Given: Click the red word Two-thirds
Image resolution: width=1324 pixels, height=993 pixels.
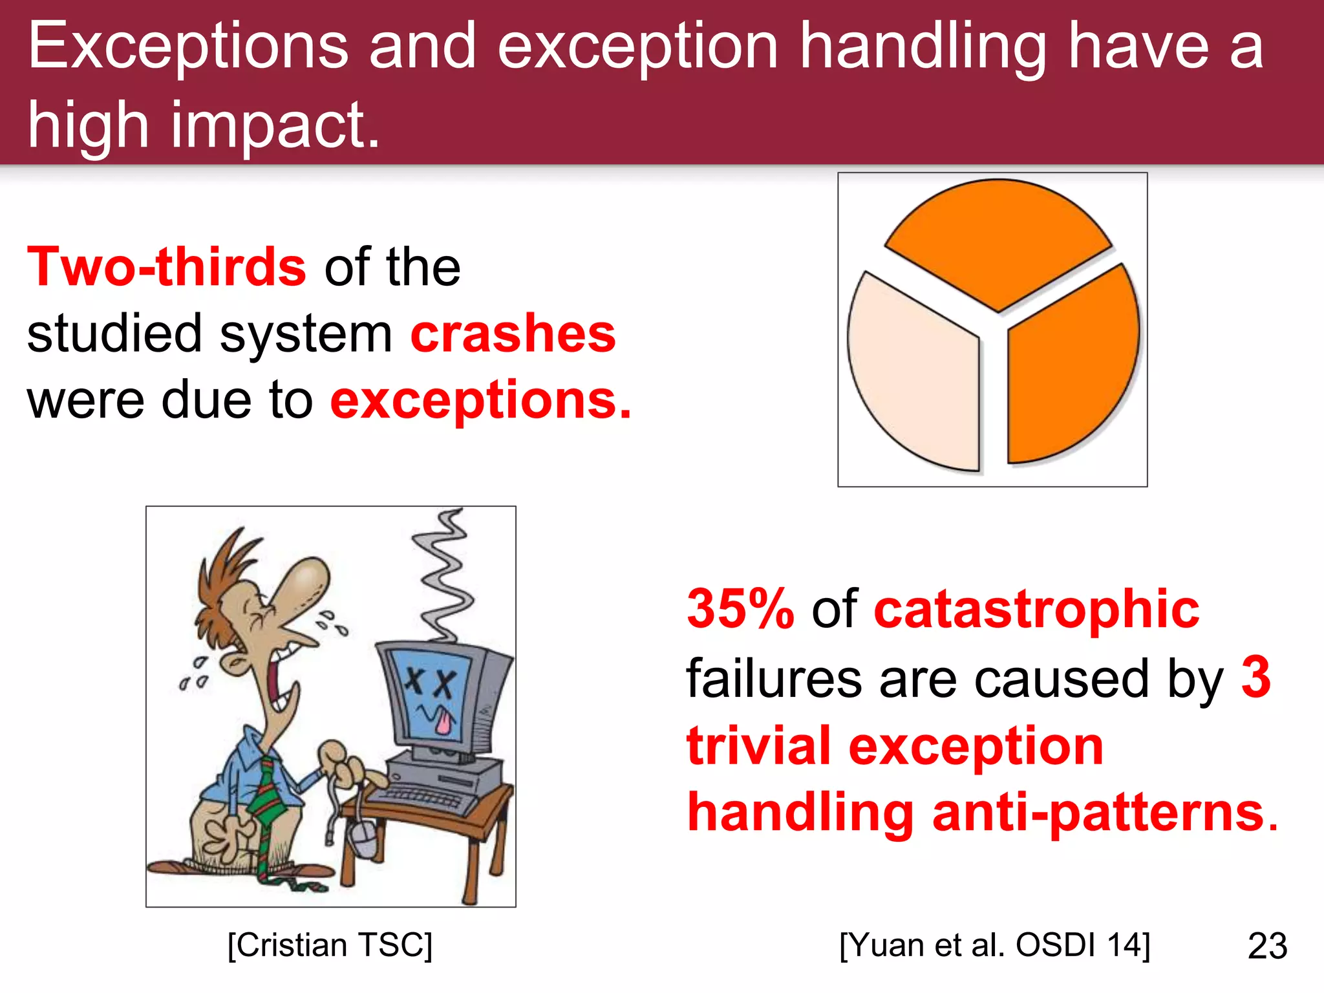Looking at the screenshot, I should tap(167, 267).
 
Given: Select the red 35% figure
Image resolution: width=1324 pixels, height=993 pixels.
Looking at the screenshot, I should tap(740, 609).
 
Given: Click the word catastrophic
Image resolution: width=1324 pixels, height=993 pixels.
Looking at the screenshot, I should tap(1036, 609).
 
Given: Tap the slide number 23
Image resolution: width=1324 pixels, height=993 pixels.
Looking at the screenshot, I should tap(1267, 946).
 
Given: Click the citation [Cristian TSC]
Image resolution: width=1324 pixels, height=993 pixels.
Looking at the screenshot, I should tap(330, 945).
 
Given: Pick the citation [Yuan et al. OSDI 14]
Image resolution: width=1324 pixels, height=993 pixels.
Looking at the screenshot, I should tap(994, 945).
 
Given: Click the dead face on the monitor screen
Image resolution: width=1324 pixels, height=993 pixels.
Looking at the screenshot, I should tap(430, 695).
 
